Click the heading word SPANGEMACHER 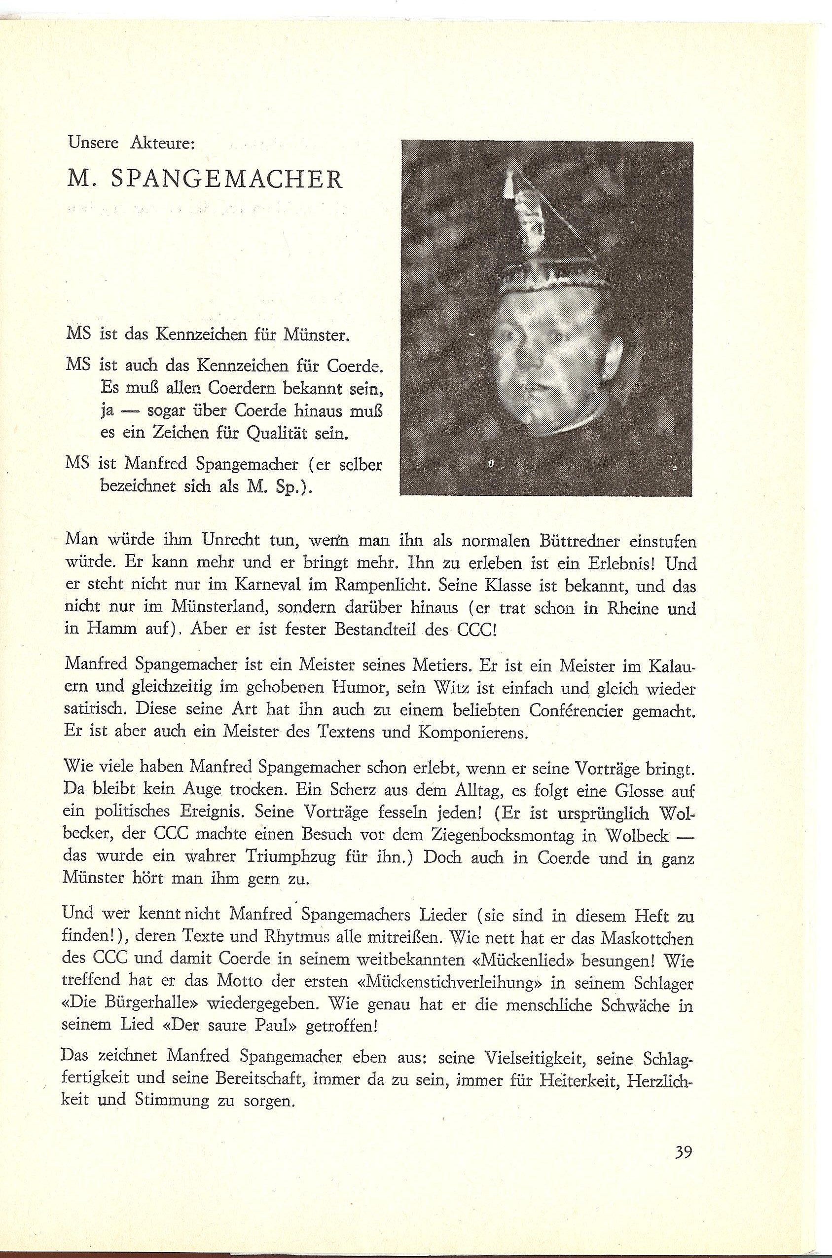click(x=226, y=180)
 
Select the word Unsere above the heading click(x=86, y=144)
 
